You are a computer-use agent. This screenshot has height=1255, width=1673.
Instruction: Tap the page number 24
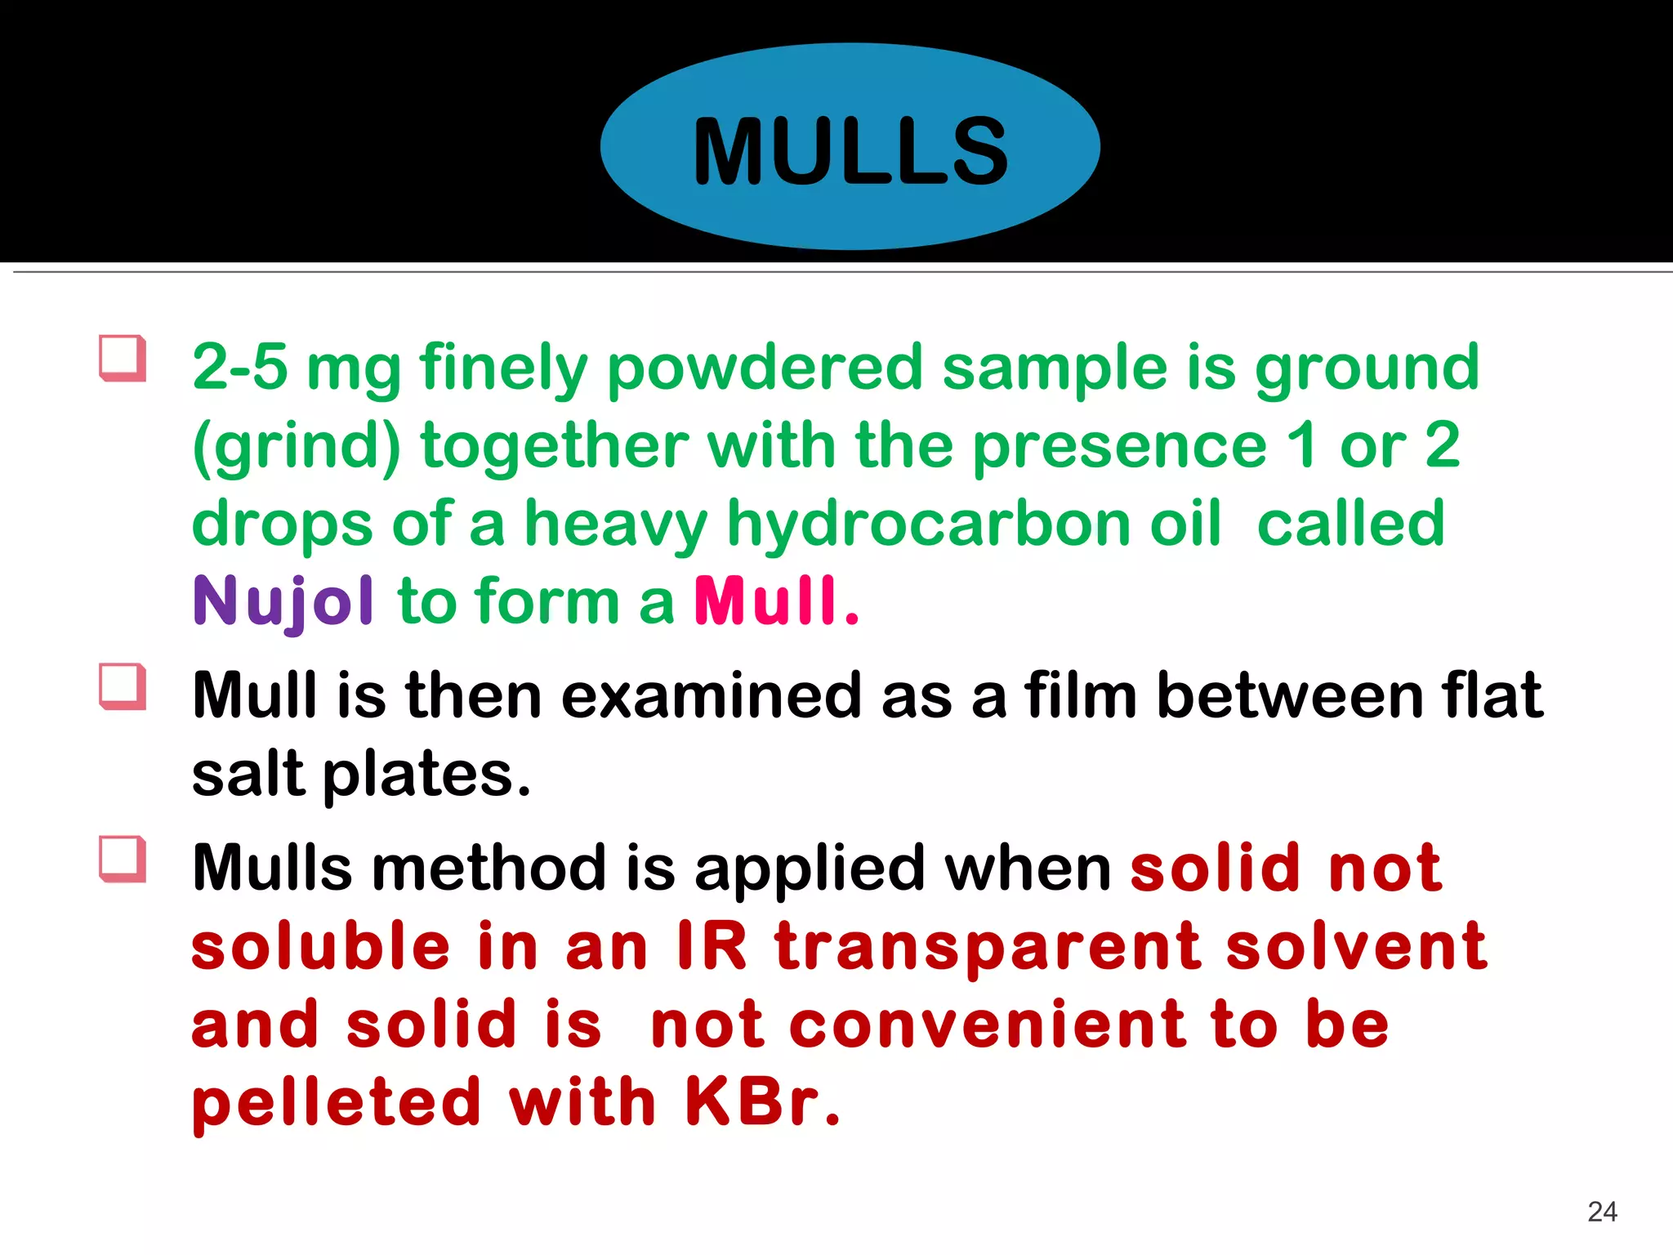(x=1602, y=1211)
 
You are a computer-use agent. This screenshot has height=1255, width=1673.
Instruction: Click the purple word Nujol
(x=283, y=602)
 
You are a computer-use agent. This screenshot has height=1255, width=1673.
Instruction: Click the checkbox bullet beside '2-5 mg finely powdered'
(x=123, y=358)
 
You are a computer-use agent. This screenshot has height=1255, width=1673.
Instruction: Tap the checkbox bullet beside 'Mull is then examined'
(x=123, y=686)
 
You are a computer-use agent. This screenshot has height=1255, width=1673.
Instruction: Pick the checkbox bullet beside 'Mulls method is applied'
(x=123, y=859)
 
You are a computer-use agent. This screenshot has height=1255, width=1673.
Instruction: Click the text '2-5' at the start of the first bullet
(x=240, y=367)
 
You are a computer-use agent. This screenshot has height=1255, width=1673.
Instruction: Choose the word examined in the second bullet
(x=711, y=695)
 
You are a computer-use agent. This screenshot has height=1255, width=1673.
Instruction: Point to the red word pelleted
(x=337, y=1102)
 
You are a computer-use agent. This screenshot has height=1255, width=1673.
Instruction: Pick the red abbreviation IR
(x=712, y=946)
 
